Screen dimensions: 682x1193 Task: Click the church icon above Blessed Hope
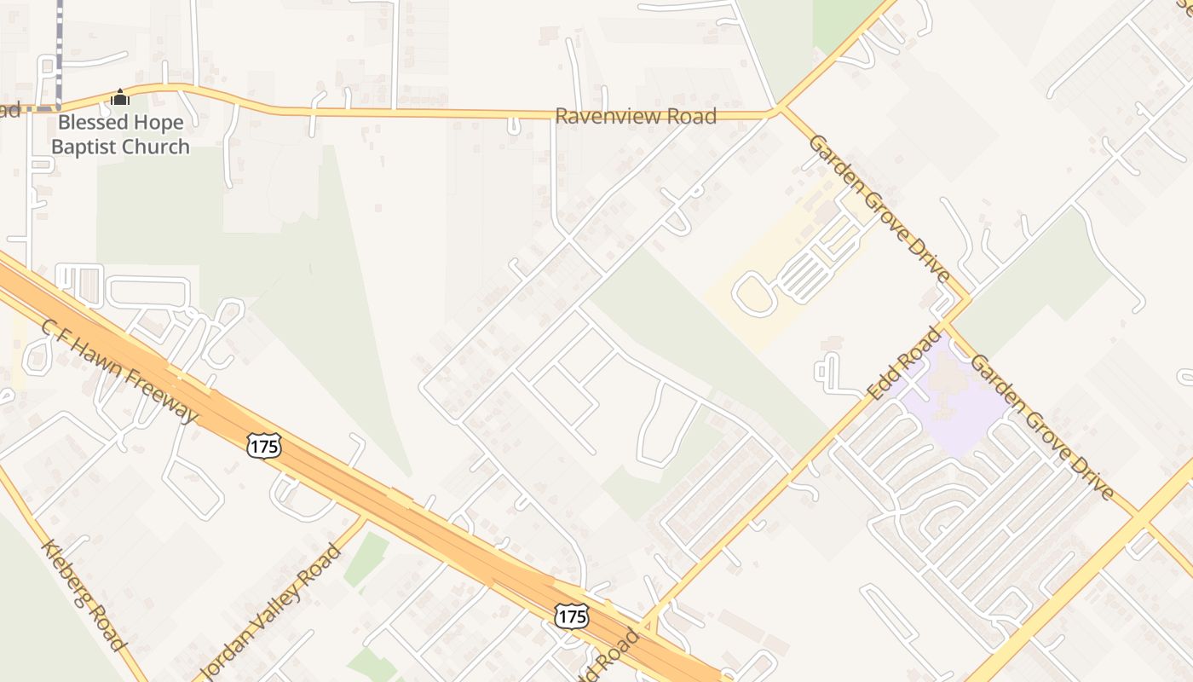(120, 97)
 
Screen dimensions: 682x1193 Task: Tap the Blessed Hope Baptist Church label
(120, 135)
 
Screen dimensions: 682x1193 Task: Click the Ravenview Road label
(636, 116)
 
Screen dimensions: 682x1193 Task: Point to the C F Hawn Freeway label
(119, 372)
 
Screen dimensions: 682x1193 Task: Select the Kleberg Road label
(84, 594)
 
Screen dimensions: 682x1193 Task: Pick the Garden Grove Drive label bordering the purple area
(1041, 428)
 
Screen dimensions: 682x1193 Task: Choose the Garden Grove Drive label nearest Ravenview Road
(879, 208)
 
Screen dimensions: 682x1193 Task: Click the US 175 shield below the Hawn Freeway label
(264, 444)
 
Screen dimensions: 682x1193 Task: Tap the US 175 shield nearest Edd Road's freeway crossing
(571, 616)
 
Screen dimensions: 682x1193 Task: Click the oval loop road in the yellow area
(753, 294)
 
